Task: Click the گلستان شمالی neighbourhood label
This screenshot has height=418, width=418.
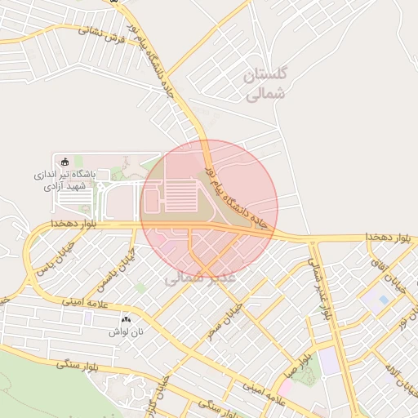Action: coord(266,84)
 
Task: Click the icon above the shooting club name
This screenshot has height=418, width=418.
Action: coord(66,159)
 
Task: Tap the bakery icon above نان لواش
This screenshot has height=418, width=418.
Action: coord(126,319)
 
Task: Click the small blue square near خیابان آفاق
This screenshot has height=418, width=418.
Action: coord(383,300)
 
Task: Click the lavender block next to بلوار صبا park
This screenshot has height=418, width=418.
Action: coord(329,361)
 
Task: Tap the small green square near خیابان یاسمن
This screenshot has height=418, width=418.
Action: coord(141,288)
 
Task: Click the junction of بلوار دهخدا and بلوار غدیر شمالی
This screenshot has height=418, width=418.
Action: coord(312,241)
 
